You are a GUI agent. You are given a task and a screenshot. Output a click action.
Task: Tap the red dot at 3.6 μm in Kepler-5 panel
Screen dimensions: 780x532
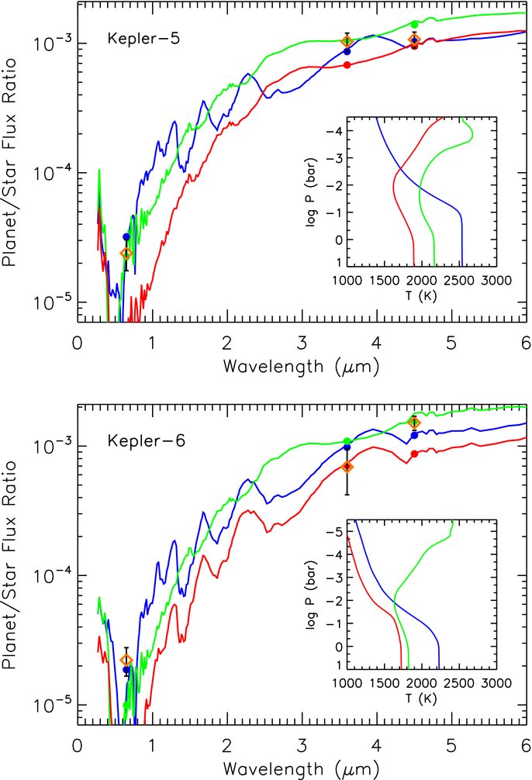(347, 65)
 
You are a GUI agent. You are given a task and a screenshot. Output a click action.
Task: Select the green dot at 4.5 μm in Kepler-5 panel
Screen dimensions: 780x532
(415, 25)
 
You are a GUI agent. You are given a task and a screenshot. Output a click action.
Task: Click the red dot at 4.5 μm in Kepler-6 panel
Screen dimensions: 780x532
(415, 454)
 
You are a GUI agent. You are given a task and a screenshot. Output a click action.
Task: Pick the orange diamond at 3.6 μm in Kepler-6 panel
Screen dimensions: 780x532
(347, 467)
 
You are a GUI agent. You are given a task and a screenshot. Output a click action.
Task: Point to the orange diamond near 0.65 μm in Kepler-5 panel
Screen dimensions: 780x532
(126, 254)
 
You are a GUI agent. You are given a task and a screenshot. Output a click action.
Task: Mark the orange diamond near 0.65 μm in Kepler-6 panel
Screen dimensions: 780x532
(126, 660)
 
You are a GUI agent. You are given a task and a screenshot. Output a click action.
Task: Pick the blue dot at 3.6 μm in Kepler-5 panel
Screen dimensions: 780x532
(347, 51)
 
